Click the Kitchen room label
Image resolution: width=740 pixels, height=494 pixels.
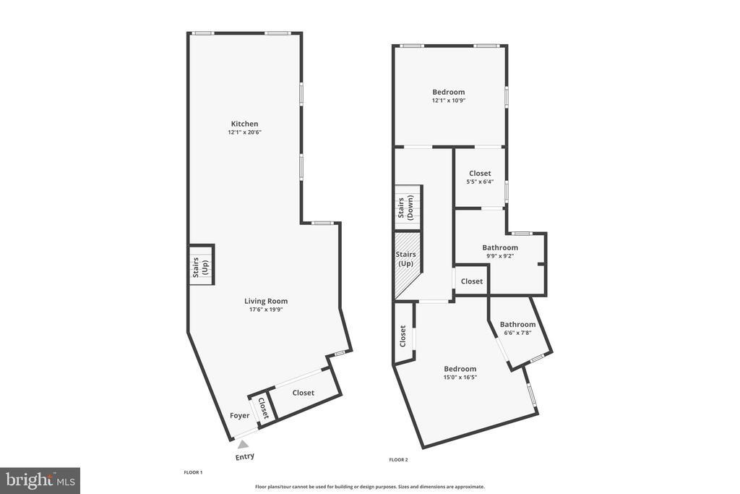click(x=244, y=124)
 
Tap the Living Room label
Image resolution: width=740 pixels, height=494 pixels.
click(x=265, y=301)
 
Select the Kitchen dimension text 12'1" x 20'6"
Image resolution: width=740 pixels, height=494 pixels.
click(x=244, y=132)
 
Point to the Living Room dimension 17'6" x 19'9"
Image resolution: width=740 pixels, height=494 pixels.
click(x=265, y=310)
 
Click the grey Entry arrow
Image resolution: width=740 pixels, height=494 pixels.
click(x=244, y=444)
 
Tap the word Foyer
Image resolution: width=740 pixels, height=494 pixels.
click(x=239, y=415)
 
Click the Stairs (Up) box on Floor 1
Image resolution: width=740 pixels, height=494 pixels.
click(x=200, y=266)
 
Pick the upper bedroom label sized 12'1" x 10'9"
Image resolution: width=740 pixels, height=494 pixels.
click(x=448, y=92)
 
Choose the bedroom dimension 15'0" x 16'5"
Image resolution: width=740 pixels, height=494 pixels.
click(x=460, y=377)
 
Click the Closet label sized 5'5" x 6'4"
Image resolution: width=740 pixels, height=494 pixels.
click(x=480, y=174)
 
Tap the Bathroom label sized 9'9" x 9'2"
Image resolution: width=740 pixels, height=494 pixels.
click(x=500, y=247)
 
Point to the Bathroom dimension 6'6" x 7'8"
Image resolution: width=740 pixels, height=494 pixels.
click(x=517, y=333)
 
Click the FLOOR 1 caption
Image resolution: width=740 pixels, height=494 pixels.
click(x=193, y=472)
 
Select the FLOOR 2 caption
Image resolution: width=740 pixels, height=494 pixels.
click(x=398, y=460)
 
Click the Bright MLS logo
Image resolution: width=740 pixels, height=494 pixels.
click(x=40, y=480)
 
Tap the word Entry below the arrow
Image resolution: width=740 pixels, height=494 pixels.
click(x=244, y=456)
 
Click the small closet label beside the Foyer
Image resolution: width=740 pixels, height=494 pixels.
click(x=263, y=409)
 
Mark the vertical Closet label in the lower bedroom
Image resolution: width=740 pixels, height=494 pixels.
click(x=403, y=336)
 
